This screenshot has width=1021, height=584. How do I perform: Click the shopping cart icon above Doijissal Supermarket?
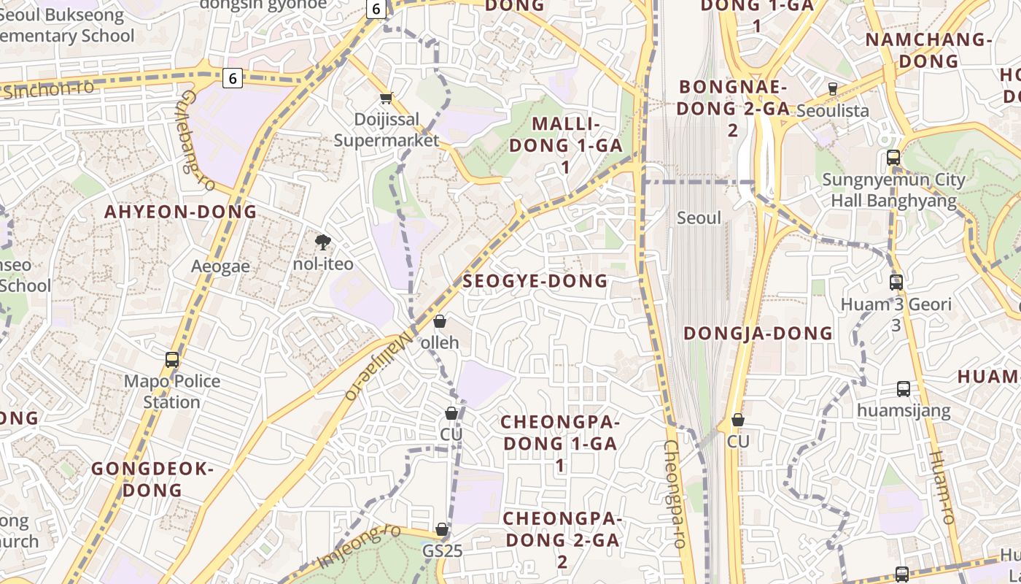click(x=387, y=98)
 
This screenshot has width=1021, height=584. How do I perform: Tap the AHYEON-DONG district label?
click(x=180, y=212)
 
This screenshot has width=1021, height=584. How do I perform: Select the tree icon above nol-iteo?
click(x=322, y=242)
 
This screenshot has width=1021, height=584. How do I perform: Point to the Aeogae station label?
click(x=220, y=266)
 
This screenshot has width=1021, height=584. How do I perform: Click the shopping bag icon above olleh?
click(x=440, y=321)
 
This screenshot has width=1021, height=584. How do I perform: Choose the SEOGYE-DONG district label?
click(x=535, y=281)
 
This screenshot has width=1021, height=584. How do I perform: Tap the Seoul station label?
click(x=699, y=218)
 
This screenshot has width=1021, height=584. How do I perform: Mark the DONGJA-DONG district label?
click(x=758, y=334)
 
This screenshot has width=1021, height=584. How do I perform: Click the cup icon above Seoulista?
click(x=832, y=89)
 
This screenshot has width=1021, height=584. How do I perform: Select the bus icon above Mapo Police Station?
click(x=172, y=360)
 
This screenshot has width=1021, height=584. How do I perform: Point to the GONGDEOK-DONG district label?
click(x=152, y=479)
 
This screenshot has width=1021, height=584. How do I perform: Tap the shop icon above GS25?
click(x=442, y=529)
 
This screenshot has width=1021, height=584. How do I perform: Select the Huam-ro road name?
click(x=942, y=488)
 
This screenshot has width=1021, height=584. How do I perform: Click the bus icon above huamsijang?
click(x=904, y=389)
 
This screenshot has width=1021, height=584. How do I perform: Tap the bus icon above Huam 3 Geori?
click(x=896, y=282)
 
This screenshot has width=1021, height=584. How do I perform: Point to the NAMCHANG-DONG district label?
click(x=928, y=50)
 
